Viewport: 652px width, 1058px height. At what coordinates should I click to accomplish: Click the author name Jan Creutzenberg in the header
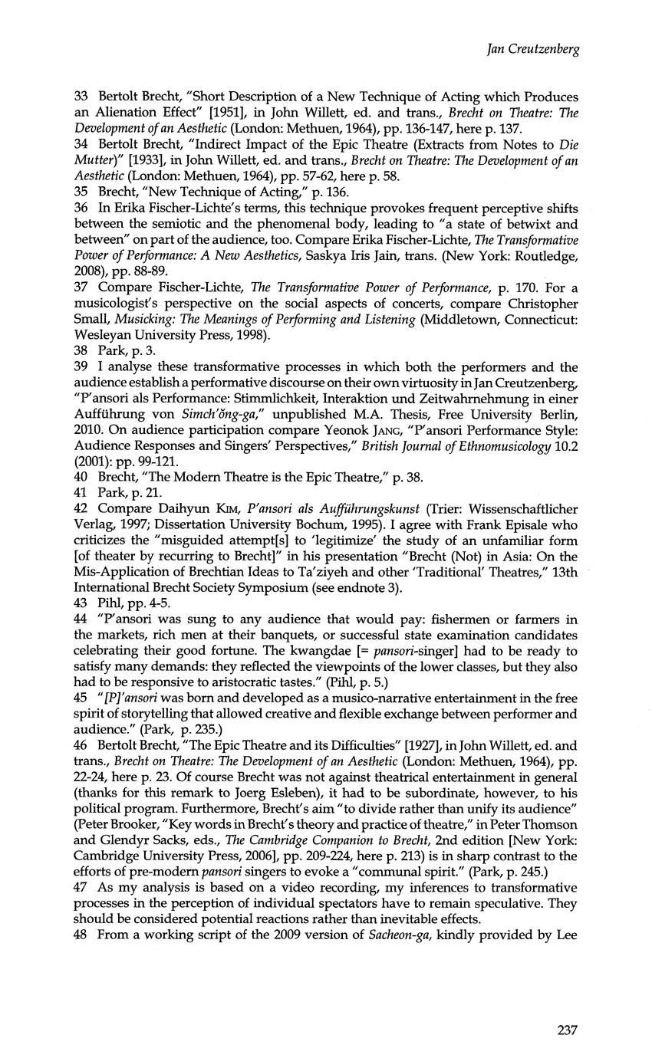pyautogui.click(x=532, y=50)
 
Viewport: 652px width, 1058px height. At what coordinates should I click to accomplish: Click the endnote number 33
pyautogui.click(x=81, y=97)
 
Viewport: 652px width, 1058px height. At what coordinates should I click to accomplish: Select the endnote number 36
pyautogui.click(x=81, y=209)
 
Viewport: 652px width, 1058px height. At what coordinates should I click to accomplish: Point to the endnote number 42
pyautogui.click(x=81, y=509)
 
